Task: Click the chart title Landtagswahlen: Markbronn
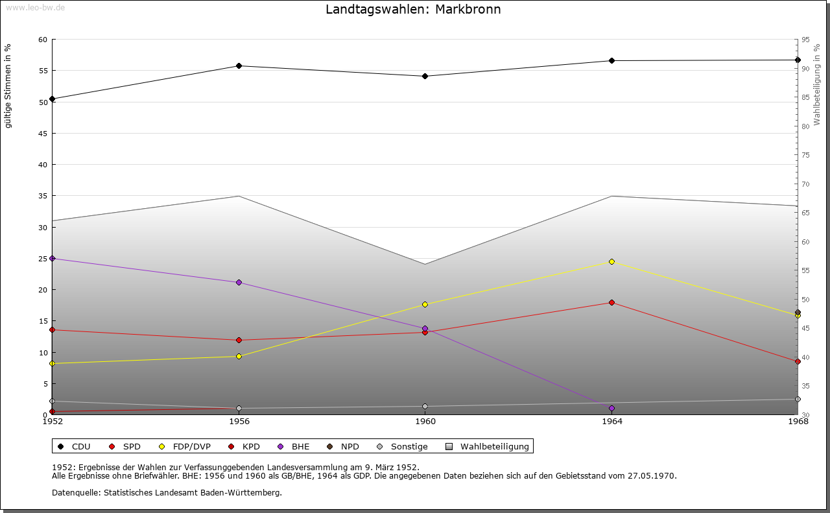413,10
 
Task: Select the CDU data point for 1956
239,66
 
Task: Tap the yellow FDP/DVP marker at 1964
611,261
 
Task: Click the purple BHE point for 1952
53,258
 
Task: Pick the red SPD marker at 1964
611,302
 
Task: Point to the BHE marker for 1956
239,282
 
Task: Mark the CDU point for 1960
425,76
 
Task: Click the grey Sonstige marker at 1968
798,399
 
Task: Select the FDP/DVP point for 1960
425,304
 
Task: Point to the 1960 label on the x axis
425,422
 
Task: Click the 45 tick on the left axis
43,134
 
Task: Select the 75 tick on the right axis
805,155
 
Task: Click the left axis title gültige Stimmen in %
8,86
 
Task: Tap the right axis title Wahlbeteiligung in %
816,81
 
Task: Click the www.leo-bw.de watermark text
34,7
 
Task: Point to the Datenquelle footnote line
167,493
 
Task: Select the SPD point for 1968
798,361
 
